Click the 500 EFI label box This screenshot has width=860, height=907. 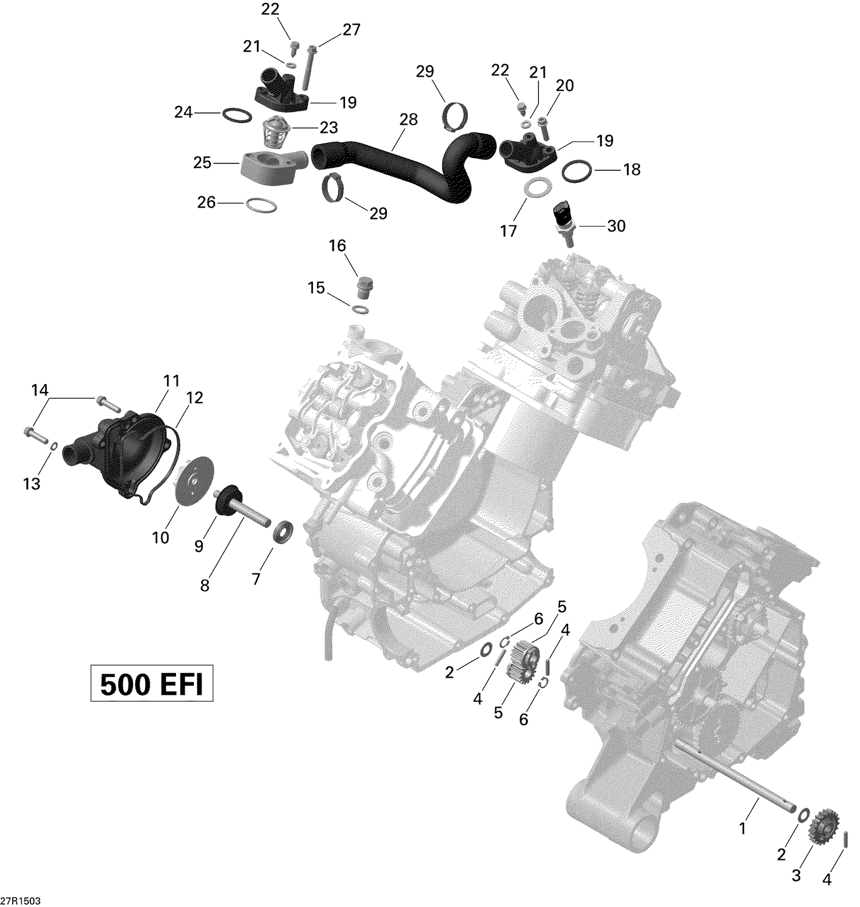coord(151,683)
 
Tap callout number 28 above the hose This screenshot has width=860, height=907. coord(409,119)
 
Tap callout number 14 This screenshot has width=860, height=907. coord(40,391)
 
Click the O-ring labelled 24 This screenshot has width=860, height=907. coord(236,115)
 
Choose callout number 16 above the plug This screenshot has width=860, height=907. coord(337,246)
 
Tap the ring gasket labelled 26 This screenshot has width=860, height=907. coord(261,205)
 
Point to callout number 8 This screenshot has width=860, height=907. coord(205,586)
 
